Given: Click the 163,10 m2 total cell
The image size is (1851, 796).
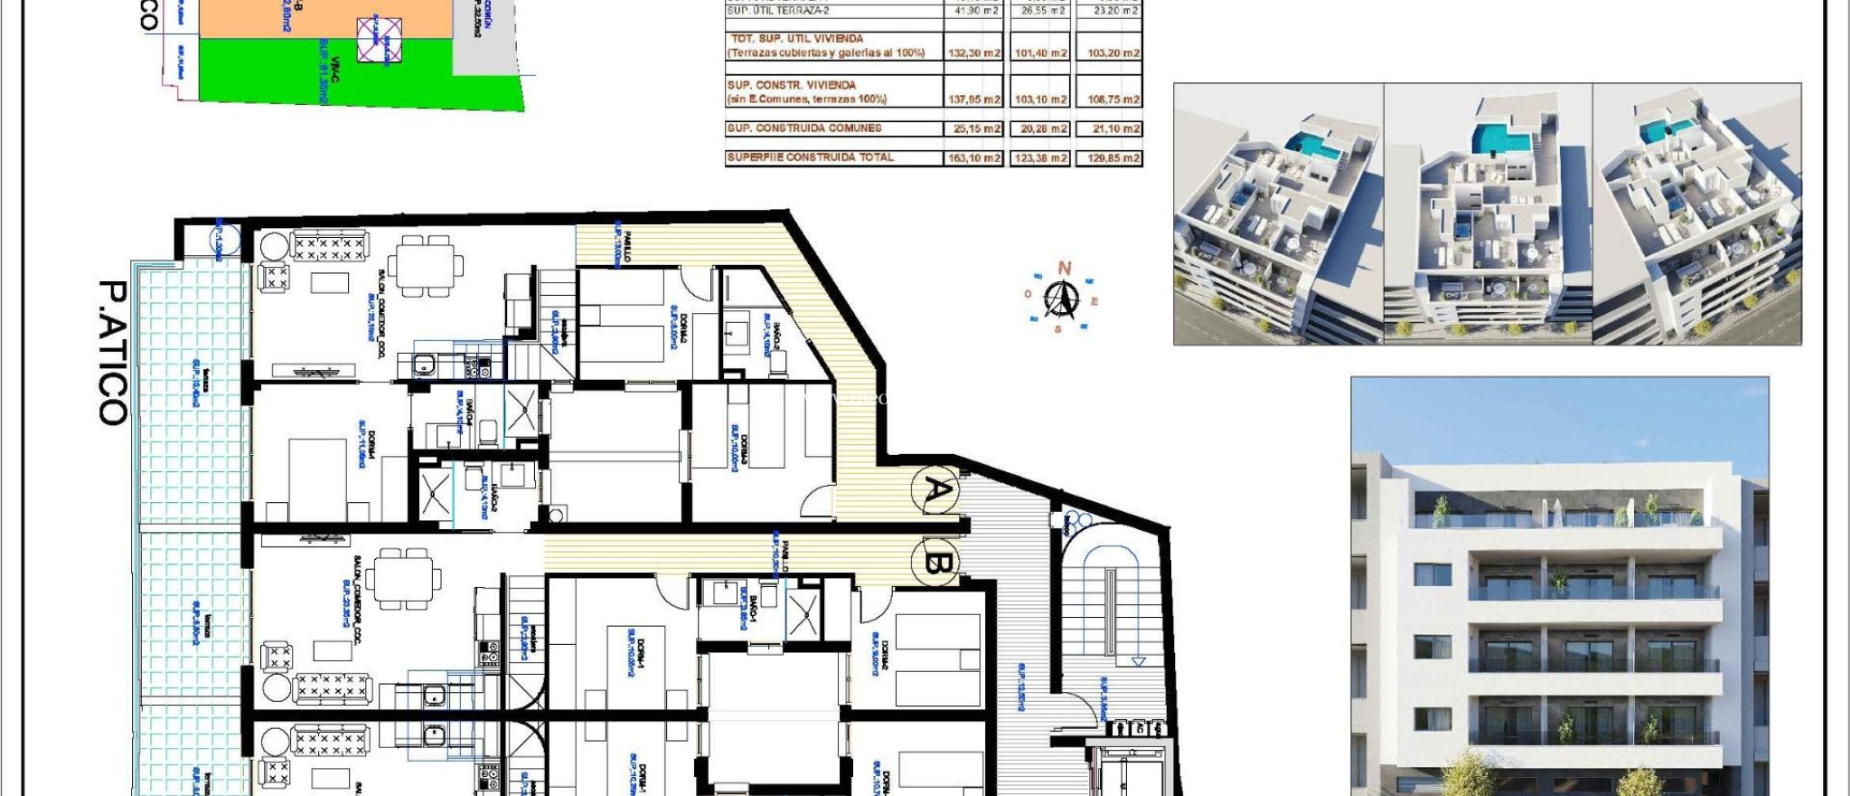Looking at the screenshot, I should tap(973, 158).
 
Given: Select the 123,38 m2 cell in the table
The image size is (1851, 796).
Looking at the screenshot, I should tap(1040, 158).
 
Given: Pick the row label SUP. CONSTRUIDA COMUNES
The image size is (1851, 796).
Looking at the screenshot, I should tap(804, 128).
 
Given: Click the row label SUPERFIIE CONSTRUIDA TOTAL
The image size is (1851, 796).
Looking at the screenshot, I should tap(811, 157).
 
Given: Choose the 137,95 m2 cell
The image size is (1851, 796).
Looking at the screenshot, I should tap(973, 99).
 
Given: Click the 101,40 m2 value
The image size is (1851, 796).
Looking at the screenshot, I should tap(1040, 53).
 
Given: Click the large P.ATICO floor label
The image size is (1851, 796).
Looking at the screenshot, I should tap(114, 352).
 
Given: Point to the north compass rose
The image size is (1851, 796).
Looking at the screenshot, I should tap(1061, 298).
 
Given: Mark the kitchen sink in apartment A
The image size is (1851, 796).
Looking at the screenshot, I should tap(424, 365).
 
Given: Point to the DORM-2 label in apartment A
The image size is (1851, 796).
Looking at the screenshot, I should tap(682, 326).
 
